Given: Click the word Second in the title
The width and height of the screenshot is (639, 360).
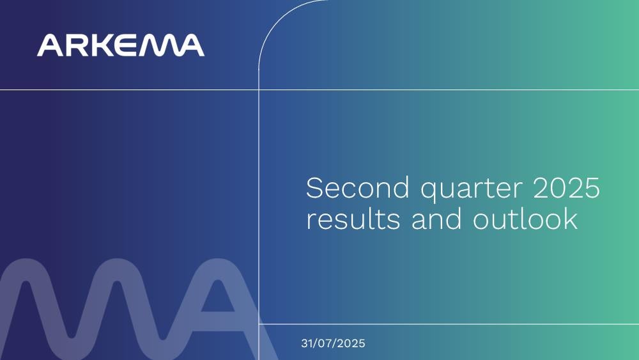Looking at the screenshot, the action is (357, 187).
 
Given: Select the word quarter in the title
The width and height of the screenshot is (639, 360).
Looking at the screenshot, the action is (471, 190).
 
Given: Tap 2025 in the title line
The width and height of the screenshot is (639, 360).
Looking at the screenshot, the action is (566, 187).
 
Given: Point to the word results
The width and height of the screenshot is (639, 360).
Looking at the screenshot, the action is (353, 219).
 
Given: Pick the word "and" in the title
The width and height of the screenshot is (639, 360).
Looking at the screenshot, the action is (436, 219).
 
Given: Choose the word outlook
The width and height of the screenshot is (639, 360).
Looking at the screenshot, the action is (525, 219).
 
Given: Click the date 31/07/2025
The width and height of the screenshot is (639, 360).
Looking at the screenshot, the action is (333, 343).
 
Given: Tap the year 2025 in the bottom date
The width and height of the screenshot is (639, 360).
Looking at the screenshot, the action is (351, 343).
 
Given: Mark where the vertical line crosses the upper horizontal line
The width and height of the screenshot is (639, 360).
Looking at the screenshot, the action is (259, 90).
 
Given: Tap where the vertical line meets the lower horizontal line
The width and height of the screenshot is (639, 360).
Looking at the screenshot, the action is (259, 324).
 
